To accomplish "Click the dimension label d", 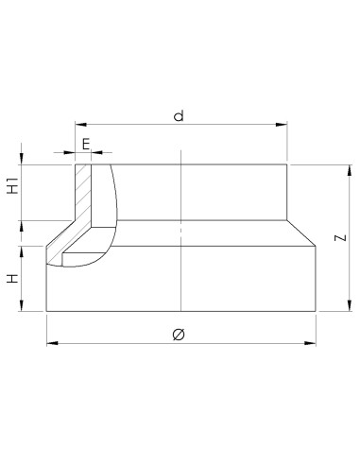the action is pos(179,115).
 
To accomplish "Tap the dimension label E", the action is pos(86,145).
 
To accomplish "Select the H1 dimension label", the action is pos(13,185).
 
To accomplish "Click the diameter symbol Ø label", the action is pos(179,335).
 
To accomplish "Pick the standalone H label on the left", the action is pos(13,279).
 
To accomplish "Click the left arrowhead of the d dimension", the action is pos(80,125).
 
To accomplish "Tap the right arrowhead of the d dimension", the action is pos(282,125).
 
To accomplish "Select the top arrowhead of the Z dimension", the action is pos(350,170).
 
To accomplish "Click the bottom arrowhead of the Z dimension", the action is pos(350,305).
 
